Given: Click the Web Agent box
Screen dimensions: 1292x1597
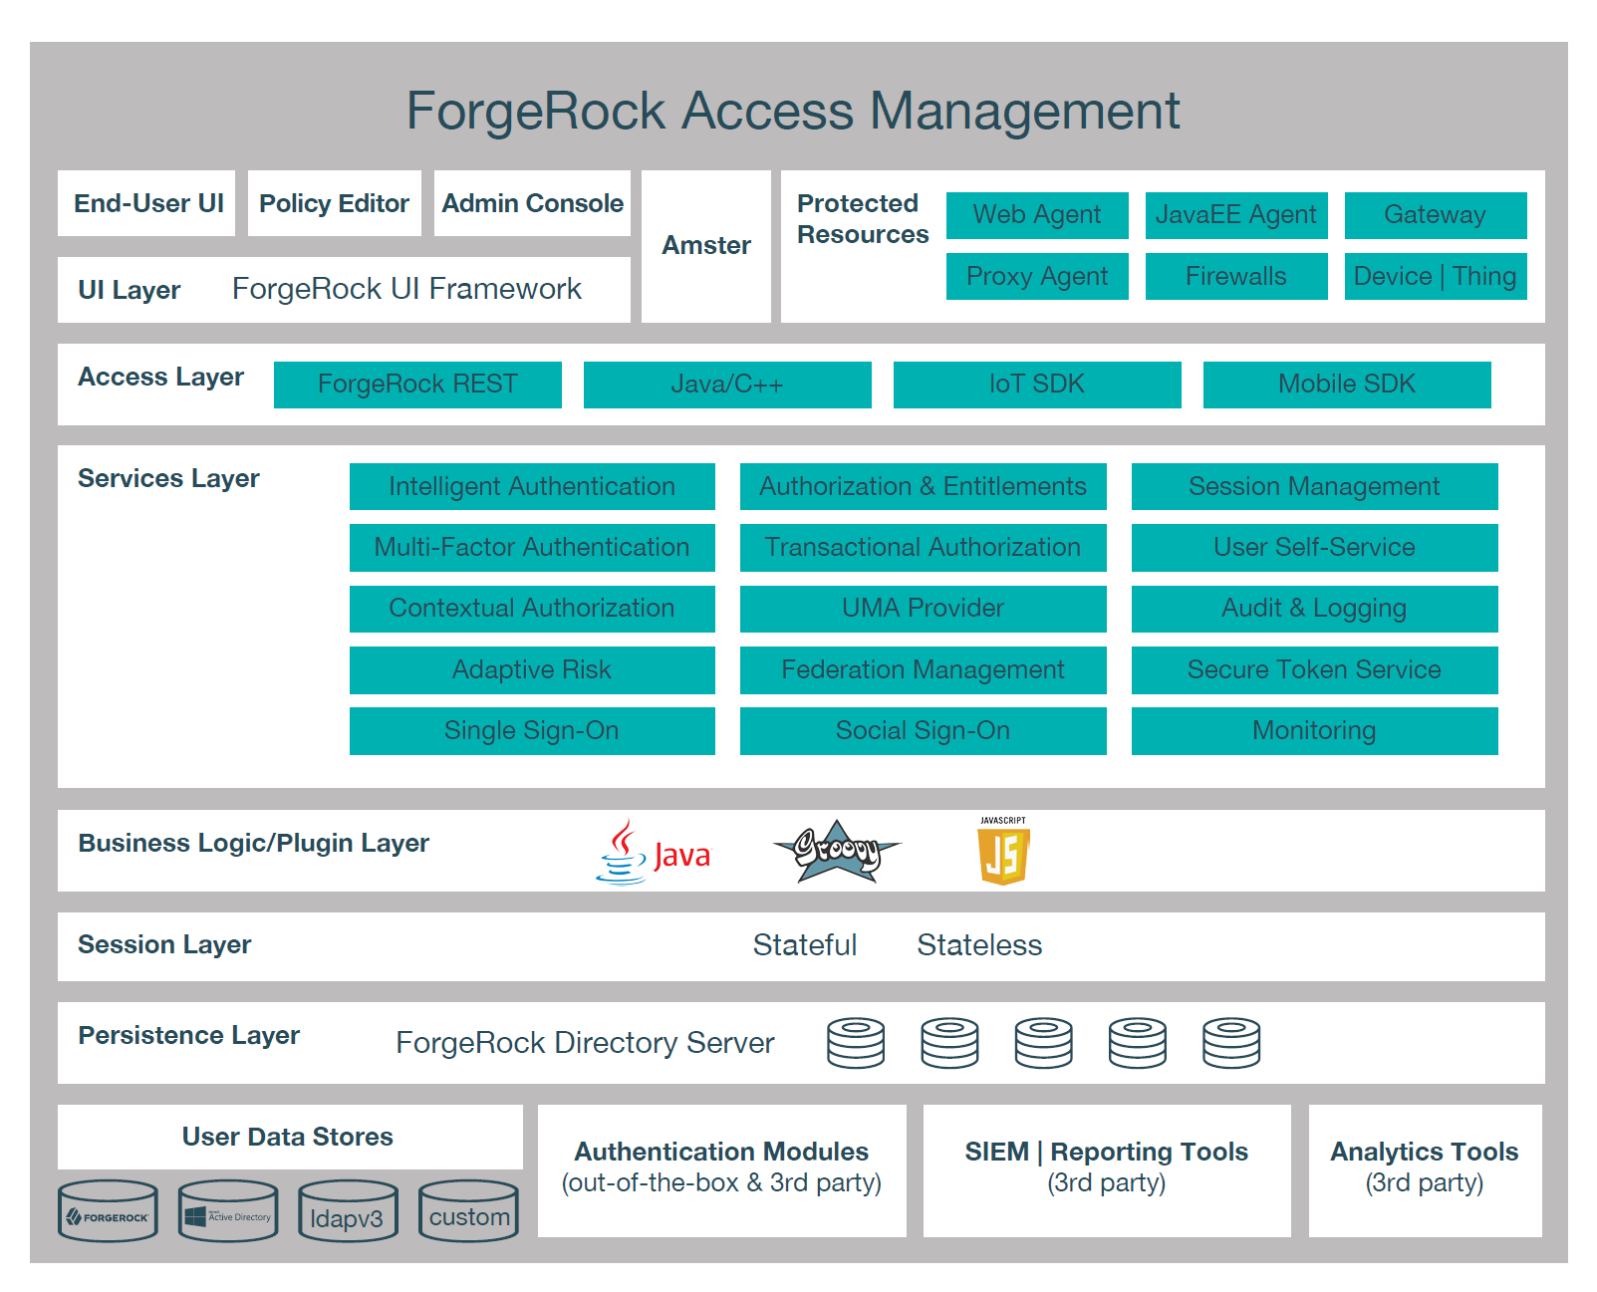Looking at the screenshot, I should click(x=1036, y=215).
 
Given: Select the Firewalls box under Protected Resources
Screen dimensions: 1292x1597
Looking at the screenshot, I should click(x=1235, y=276).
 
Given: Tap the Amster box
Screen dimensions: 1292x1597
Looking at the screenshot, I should click(x=705, y=246).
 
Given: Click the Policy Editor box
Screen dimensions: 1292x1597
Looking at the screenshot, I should click(x=334, y=203).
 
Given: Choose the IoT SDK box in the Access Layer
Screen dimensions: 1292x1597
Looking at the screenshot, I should click(x=1036, y=385).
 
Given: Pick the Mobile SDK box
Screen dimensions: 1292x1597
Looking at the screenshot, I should click(x=1346, y=385).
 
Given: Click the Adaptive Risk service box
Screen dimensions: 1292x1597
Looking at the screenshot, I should click(x=531, y=669).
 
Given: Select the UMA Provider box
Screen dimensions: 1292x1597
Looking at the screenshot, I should click(x=923, y=609).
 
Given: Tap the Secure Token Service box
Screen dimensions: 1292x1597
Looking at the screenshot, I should click(x=1313, y=669).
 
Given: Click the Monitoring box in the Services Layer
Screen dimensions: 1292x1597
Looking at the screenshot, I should click(x=1313, y=731).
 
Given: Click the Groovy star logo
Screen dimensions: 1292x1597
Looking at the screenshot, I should click(x=837, y=851).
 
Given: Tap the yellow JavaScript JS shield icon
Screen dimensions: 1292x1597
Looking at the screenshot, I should click(x=1002, y=854).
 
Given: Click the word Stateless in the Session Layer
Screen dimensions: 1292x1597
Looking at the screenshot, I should click(x=978, y=945).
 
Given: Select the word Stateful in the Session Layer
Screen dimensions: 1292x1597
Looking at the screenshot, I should click(x=804, y=945).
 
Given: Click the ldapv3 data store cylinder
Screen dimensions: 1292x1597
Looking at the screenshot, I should click(x=348, y=1212).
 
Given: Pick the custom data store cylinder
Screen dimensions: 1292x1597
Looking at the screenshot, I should click(x=468, y=1212).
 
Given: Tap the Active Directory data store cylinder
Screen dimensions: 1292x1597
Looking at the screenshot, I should click(x=228, y=1212).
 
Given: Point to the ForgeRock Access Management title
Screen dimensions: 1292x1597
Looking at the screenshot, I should click(x=792, y=111).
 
